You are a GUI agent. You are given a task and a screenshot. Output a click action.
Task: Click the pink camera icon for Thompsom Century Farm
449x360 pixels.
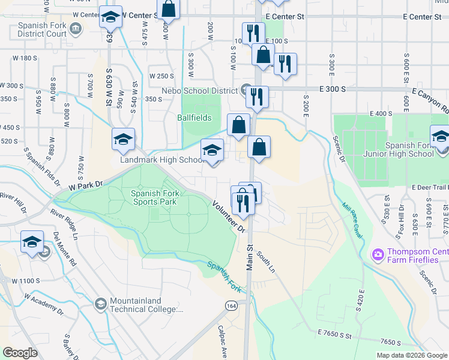[x=378, y=255]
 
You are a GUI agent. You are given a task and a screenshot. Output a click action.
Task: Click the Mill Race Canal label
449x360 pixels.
[x=353, y=220]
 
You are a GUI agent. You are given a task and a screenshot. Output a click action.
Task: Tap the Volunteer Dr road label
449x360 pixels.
[x=229, y=217]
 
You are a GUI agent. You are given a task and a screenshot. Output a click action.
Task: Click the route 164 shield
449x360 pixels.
[x=231, y=306]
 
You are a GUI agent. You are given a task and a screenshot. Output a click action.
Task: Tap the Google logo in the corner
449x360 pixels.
[x=20, y=352]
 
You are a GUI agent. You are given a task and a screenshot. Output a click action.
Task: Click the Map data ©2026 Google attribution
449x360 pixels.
[x=411, y=355]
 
